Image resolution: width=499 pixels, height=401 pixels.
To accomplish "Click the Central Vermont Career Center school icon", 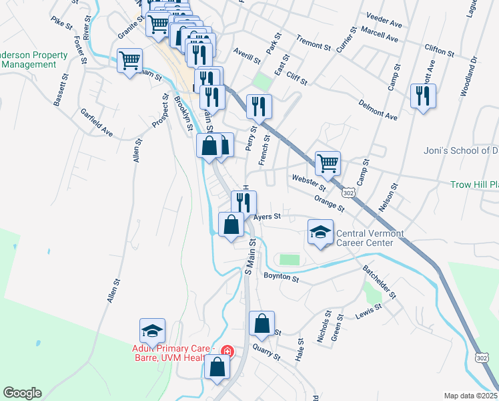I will click(320, 232).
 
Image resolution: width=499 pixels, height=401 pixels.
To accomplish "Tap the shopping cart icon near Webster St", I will click(328, 162).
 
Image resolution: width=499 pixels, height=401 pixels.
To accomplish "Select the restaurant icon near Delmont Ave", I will click(423, 96).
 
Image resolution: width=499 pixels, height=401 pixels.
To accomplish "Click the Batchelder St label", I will click(380, 281).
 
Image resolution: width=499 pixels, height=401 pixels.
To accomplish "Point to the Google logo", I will click(22, 393).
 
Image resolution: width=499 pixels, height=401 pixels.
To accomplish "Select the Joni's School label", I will click(461, 150).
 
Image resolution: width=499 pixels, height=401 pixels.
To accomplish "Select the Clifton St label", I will click(439, 50).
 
